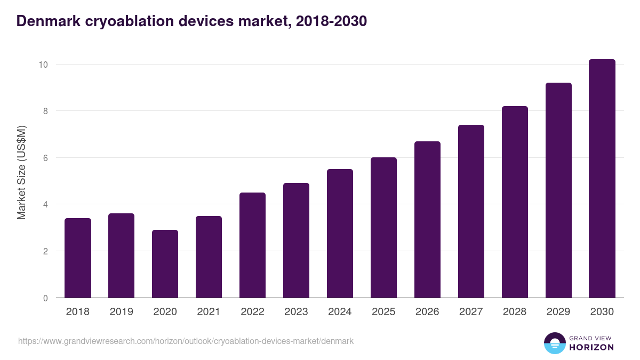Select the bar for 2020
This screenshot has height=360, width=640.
click(x=165, y=264)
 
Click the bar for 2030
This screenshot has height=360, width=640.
click(x=602, y=179)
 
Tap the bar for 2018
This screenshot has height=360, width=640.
click(x=78, y=258)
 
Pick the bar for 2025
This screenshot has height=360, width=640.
click(x=383, y=228)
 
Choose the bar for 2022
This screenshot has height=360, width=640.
click(x=252, y=245)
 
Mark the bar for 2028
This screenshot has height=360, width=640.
click(x=515, y=202)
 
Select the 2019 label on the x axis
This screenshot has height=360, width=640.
click(x=122, y=312)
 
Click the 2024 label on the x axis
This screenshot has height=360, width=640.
click(x=340, y=312)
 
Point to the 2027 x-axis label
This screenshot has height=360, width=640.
click(x=471, y=312)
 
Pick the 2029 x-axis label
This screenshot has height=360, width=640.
click(x=558, y=312)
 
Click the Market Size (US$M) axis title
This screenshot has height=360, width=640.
click(x=21, y=172)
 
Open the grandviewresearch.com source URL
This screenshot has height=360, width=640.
click(x=186, y=341)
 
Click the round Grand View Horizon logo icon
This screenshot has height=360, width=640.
click(x=554, y=343)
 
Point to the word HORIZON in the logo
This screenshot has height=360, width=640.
click(x=591, y=347)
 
